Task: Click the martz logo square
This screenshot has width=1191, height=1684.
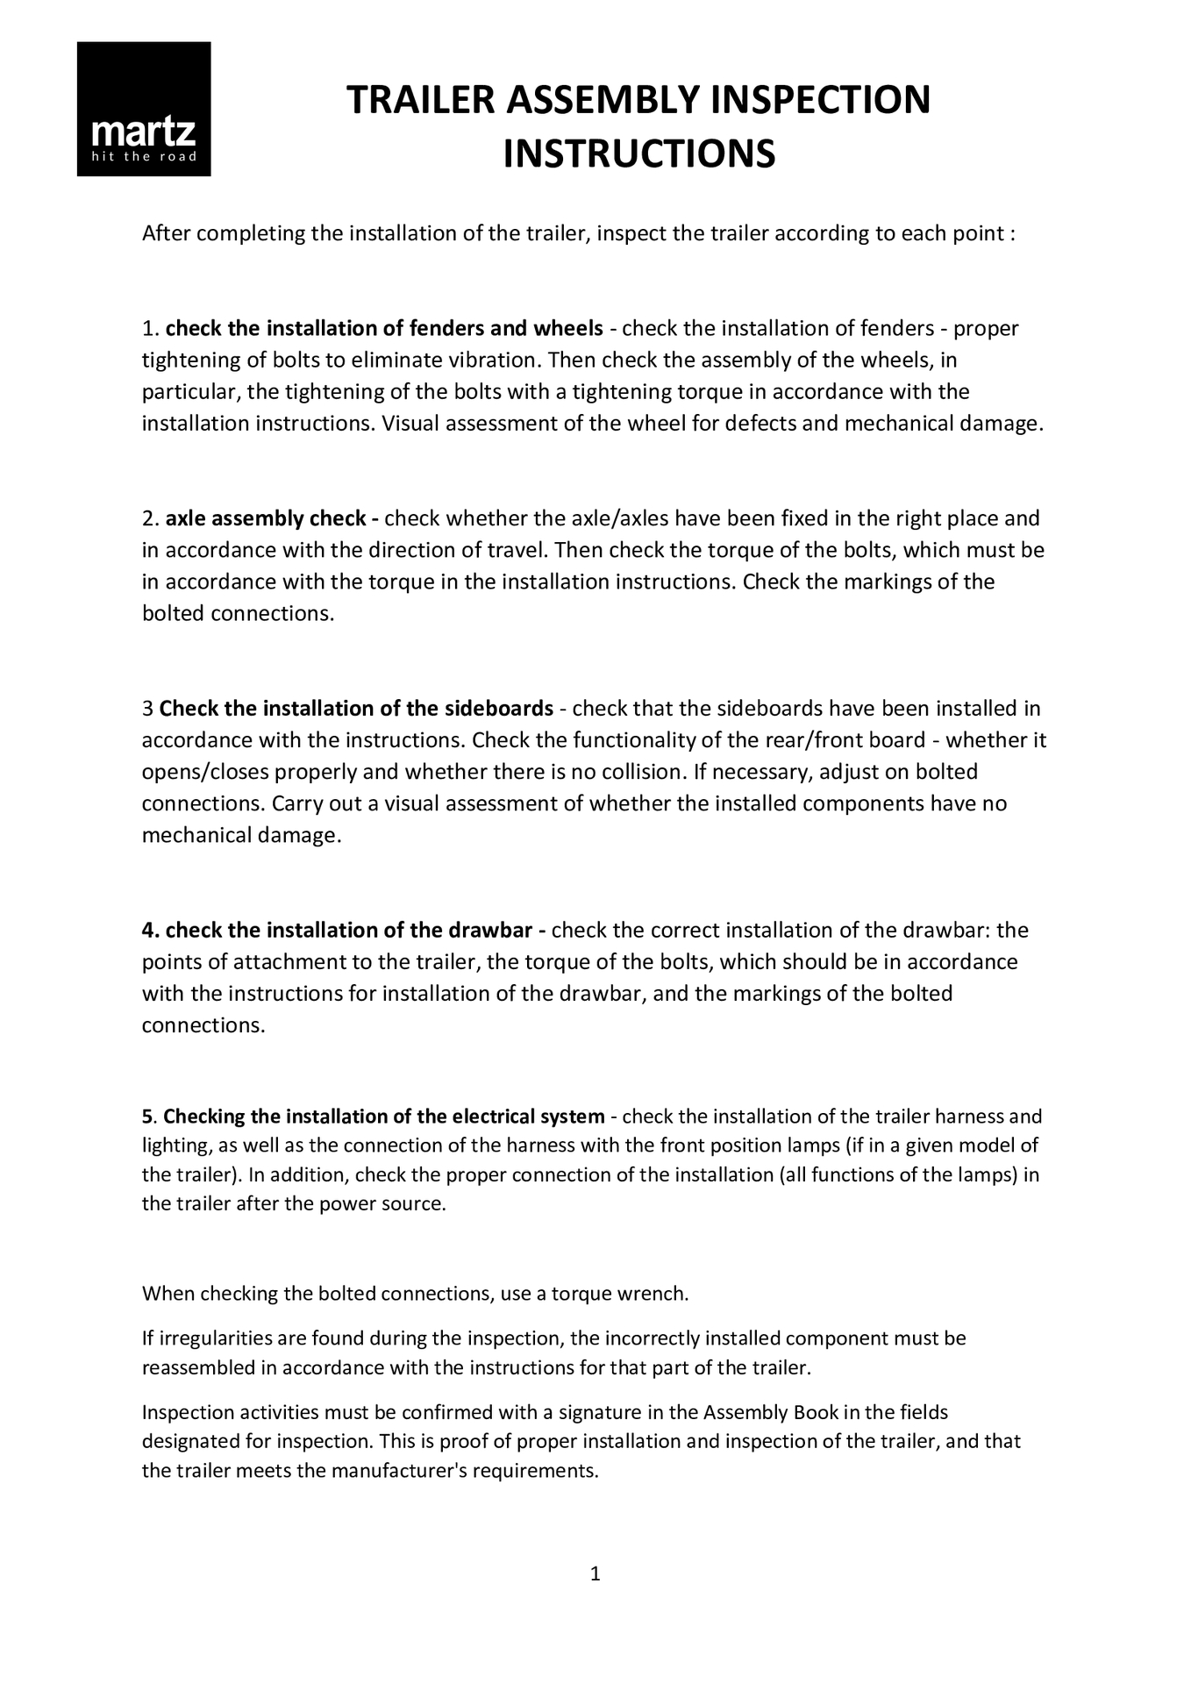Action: (144, 109)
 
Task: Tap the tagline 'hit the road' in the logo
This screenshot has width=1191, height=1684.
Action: (144, 158)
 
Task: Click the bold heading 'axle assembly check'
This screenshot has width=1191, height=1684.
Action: (265, 519)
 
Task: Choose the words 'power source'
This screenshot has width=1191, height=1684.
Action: (394, 1204)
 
